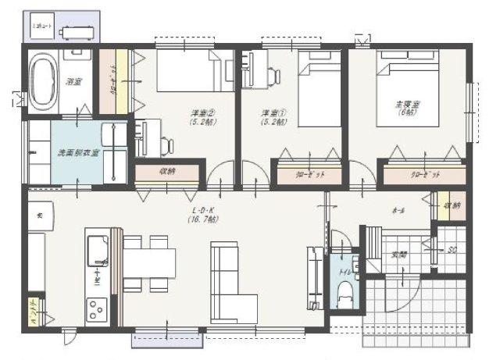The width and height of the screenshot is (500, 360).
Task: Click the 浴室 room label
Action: point(74,80)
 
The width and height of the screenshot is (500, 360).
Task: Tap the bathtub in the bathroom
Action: point(44,80)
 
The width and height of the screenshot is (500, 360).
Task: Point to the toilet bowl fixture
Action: point(344,294)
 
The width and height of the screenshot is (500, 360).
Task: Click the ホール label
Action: point(398,211)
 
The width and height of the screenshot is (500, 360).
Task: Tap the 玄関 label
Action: point(399,254)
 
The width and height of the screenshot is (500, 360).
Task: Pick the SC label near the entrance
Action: point(452,250)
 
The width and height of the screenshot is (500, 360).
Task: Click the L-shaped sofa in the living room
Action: point(230,285)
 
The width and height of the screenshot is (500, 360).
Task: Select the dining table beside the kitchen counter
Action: point(148,263)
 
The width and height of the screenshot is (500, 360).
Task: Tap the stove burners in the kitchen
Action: point(97,309)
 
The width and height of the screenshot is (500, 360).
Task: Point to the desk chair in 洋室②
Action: point(166,144)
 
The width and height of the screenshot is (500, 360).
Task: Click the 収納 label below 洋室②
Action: point(167,171)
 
